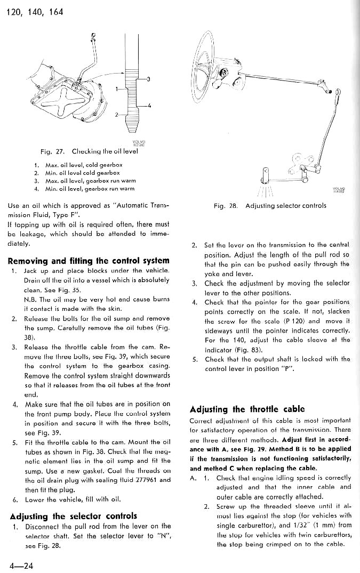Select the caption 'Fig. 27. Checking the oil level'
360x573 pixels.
tap(85, 151)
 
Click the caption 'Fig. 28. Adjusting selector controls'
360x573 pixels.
tap(269, 205)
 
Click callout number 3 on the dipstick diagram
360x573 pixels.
tap(148, 79)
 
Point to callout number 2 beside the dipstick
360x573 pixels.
tap(116, 114)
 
